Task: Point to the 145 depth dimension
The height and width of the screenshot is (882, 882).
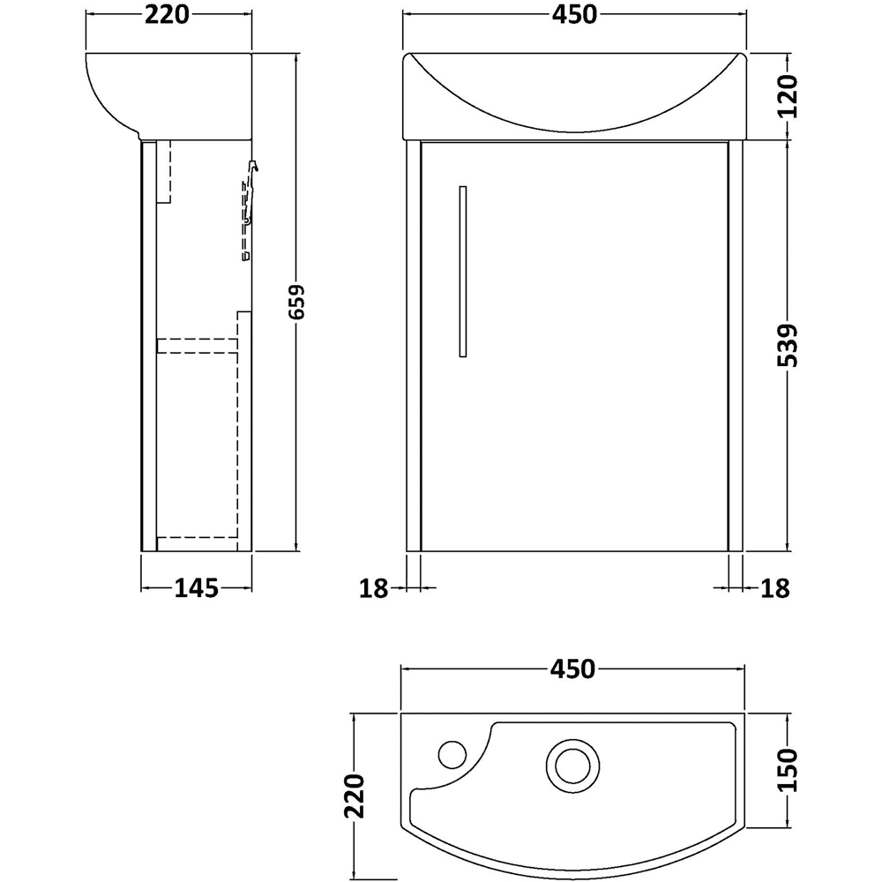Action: (196, 588)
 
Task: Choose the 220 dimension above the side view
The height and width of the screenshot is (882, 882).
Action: (168, 16)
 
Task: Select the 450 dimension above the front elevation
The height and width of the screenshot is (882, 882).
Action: (573, 16)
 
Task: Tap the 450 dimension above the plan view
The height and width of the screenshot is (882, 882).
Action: (573, 669)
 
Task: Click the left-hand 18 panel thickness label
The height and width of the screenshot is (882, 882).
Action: (375, 588)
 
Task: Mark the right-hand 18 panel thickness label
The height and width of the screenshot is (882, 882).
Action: (774, 588)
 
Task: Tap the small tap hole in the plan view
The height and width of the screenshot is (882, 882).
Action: (452, 754)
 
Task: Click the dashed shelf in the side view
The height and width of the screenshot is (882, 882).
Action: (197, 346)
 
